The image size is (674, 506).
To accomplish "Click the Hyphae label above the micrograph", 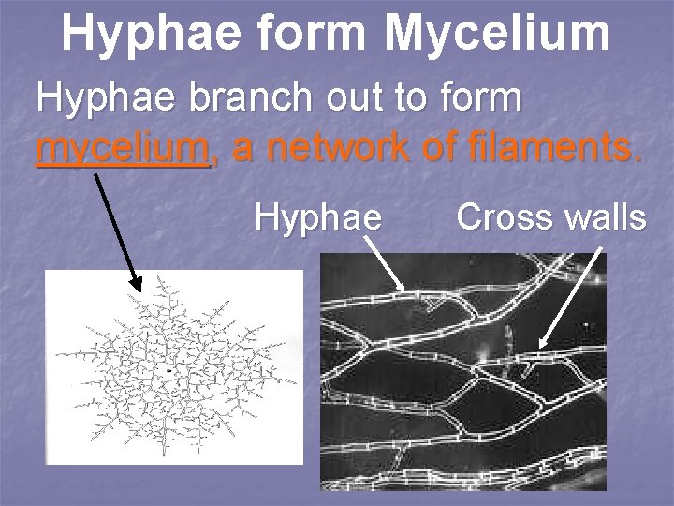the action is (x=318, y=218).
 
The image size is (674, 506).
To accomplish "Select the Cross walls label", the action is (x=550, y=217).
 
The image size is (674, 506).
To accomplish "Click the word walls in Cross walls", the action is (x=602, y=217).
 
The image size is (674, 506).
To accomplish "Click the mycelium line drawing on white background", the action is (x=174, y=366).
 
